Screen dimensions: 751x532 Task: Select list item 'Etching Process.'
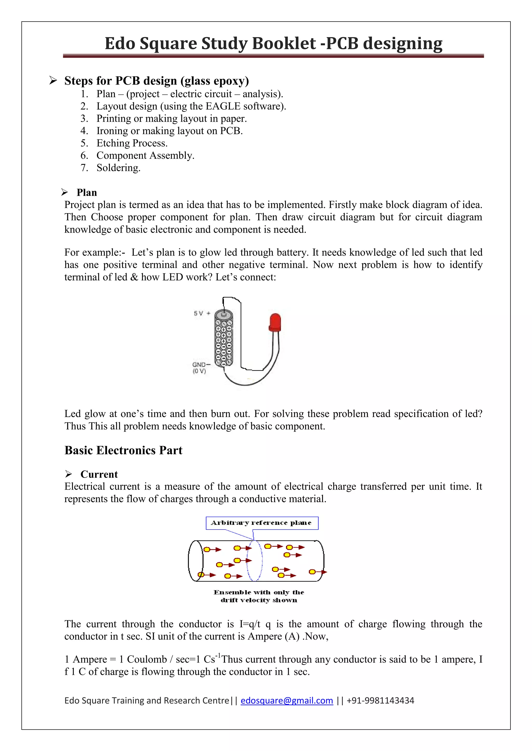pyautogui.click(x=132, y=143)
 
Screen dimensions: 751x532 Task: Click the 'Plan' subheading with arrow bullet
pyautogui.click(x=87, y=192)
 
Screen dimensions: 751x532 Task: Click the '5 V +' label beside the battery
pyautogui.click(x=202, y=313)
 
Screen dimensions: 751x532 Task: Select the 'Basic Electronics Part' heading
pyautogui.click(x=123, y=450)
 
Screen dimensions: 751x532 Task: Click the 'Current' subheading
pyautogui.click(x=99, y=474)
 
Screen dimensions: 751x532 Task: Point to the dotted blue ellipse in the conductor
pyautogui.click(x=255, y=561)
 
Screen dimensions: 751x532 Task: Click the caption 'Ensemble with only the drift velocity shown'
pyautogui.click(x=259, y=596)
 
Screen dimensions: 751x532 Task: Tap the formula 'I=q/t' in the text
pyautogui.click(x=250, y=624)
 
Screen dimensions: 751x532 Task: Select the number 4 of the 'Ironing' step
pyautogui.click(x=84, y=131)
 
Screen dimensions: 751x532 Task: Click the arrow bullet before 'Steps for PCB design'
pyautogui.click(x=53, y=80)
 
